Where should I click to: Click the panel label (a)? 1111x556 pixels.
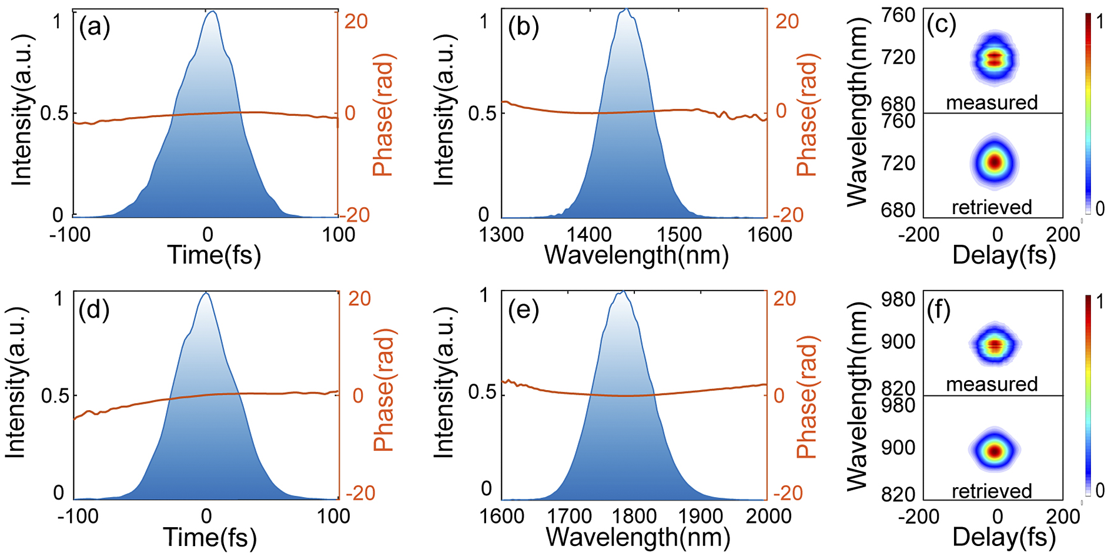pyautogui.click(x=95, y=28)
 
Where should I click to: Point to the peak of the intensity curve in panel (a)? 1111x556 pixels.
pyautogui.click(x=212, y=12)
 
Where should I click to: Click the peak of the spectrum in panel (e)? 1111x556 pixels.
pyautogui.click(x=622, y=292)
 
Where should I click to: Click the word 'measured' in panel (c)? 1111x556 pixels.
pyautogui.click(x=992, y=102)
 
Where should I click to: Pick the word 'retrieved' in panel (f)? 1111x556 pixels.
pyautogui.click(x=992, y=490)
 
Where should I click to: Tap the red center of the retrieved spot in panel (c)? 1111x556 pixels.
pyautogui.click(x=995, y=162)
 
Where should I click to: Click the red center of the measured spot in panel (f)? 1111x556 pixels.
pyautogui.click(x=995, y=345)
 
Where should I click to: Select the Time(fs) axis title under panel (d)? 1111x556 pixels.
pyautogui.click(x=210, y=537)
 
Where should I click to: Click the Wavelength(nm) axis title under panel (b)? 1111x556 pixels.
pyautogui.click(x=637, y=255)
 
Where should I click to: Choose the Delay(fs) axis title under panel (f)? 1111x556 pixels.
pyautogui.click(x=1004, y=537)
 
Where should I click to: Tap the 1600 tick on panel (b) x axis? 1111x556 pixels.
pyautogui.click(x=767, y=235)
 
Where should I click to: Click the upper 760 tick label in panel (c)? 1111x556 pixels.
pyautogui.click(x=899, y=15)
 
